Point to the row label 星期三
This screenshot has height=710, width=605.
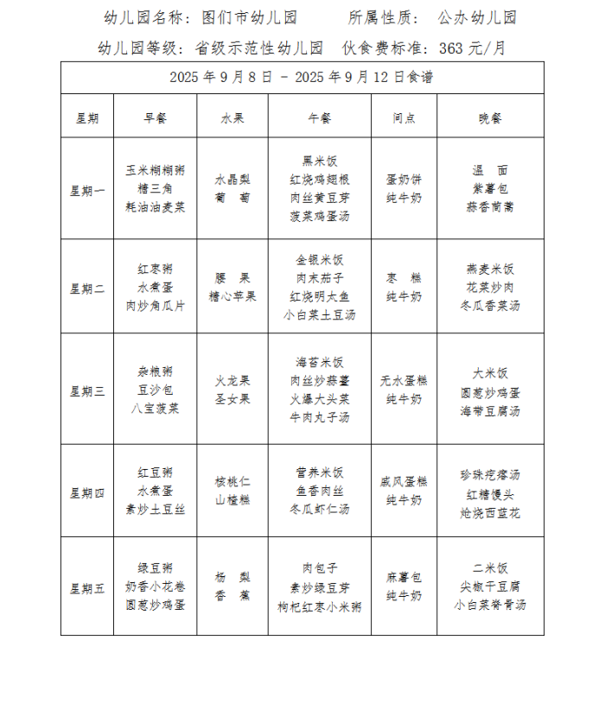pos(86,390)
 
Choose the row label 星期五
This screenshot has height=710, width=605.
pos(86,588)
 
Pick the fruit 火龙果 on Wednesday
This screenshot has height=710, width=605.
pos(232,380)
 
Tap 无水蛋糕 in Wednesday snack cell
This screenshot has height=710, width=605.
pos(404,380)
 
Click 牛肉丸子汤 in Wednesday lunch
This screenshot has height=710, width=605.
pos(319,417)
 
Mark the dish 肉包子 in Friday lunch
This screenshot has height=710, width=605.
pos(319,568)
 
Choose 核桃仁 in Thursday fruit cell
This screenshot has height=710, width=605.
pos(232,482)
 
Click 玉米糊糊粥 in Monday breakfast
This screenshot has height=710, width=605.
pos(155,171)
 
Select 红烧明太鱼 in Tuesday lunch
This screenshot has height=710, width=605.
pos(319,296)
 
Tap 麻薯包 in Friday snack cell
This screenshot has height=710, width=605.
pos(404,577)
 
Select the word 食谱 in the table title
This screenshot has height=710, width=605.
pos(420,77)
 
